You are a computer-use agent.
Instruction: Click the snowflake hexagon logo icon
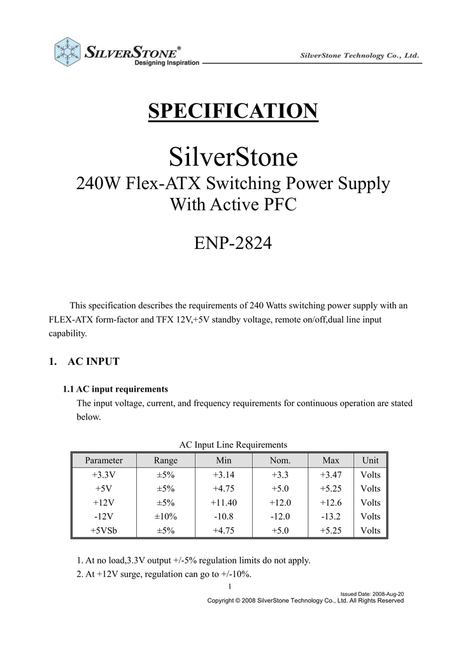coord(67,50)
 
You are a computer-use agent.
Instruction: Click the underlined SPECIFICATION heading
coord(232,111)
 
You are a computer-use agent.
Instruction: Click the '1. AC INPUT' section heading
coord(84,362)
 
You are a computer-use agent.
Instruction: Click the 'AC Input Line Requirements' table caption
coord(234,444)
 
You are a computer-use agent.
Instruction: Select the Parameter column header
coord(104,460)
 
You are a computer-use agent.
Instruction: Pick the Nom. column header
coord(280,460)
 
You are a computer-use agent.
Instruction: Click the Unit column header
coord(370,460)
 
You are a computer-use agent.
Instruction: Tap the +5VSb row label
coord(103,530)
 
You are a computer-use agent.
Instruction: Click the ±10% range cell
coord(166,516)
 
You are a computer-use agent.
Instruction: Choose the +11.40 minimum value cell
coord(224,502)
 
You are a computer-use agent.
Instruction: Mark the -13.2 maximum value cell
coord(331,516)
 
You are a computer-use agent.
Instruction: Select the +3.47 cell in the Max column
coord(331,475)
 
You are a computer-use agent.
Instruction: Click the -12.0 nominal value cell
coord(280,516)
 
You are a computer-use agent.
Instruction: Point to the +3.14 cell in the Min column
coord(224,475)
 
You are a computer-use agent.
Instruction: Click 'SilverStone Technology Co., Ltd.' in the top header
coord(359,56)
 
